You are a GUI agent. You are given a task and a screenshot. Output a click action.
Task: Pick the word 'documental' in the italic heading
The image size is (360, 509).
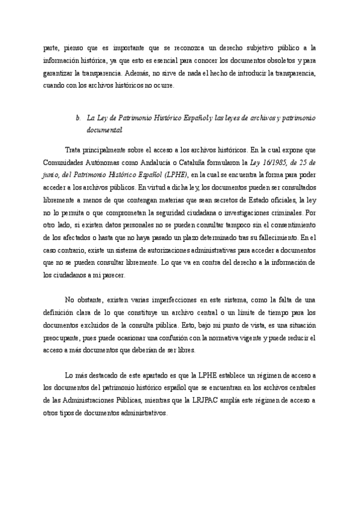(x=105, y=130)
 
